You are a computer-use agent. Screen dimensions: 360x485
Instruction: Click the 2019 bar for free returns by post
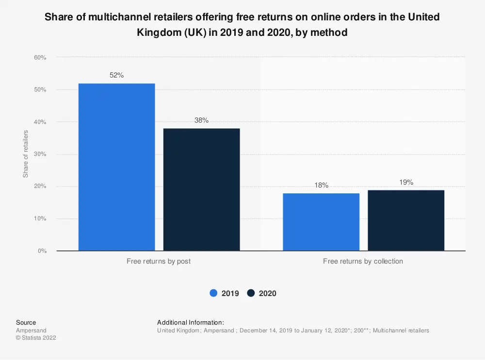tap(116, 167)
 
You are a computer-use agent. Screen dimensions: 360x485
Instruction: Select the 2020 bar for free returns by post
tap(201, 189)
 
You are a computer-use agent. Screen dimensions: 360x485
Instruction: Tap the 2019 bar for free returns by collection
tap(321, 222)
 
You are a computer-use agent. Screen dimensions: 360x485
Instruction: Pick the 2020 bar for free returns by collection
tap(406, 220)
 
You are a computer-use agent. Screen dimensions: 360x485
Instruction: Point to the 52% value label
tap(117, 75)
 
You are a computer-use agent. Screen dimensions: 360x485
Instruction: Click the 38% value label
tap(201, 120)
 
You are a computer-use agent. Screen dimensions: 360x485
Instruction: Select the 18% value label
tap(321, 185)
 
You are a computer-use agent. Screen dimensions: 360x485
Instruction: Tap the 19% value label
tap(406, 182)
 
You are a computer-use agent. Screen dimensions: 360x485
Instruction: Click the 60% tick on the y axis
tap(40, 58)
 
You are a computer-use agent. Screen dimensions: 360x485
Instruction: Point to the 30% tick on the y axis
tap(40, 155)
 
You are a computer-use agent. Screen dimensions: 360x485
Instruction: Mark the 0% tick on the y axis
tap(42, 251)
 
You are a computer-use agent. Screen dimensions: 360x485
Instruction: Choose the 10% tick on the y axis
tap(40, 219)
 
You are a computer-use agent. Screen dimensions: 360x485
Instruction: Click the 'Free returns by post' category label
tap(159, 261)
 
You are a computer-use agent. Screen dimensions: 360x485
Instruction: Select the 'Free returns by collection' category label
tap(363, 261)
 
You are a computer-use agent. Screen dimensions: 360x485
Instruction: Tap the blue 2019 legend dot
tap(213, 293)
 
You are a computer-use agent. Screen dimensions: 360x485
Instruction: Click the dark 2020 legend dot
tap(251, 293)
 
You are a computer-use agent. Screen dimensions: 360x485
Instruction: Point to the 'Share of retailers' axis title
tap(26, 154)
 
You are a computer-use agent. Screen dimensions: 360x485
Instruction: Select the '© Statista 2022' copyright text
tap(36, 338)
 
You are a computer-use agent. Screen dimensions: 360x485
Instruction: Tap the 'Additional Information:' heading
tap(190, 322)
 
